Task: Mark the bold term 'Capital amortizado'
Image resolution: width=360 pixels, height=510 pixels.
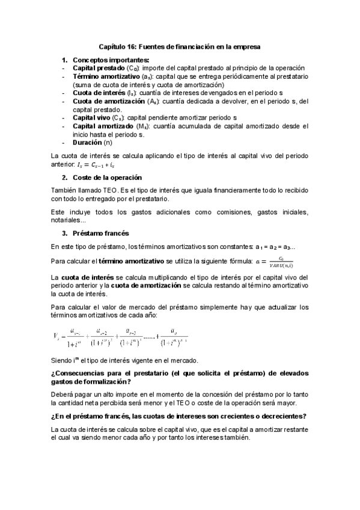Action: tap(103, 126)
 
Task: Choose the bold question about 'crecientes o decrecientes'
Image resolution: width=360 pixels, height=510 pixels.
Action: tap(178, 416)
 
